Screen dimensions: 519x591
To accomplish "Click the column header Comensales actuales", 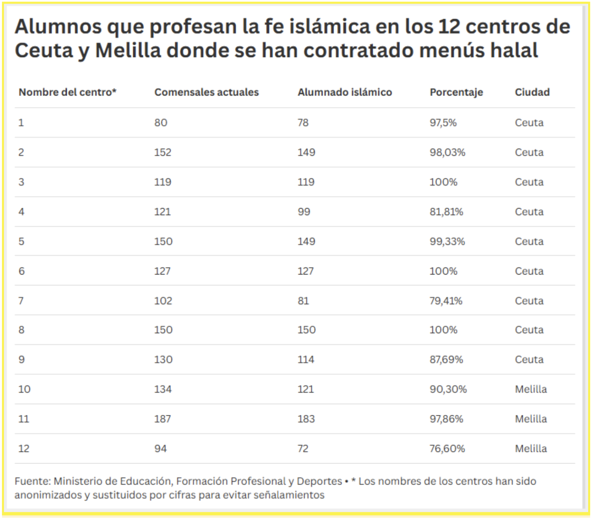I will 206,92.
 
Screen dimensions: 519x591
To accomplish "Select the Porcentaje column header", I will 456,92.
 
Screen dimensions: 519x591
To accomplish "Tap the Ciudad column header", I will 532,92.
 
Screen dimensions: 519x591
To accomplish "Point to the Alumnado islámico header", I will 345,92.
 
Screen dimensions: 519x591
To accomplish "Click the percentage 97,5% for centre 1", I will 443,123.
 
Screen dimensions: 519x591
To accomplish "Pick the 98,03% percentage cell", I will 447,153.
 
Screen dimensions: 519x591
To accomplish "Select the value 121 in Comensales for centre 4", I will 162,212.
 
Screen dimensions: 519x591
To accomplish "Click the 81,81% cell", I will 446,212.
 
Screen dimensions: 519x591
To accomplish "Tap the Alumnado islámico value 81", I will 303,301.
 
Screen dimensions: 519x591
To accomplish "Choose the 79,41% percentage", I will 446,301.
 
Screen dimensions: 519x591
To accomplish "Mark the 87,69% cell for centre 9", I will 446,359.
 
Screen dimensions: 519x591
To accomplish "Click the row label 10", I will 24,389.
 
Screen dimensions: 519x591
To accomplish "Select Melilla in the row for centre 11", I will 531,419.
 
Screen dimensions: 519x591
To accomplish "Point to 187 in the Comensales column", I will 162,419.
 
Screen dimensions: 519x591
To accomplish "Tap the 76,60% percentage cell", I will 447,449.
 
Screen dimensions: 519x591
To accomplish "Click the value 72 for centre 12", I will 303,449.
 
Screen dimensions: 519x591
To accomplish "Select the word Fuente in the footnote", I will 32,481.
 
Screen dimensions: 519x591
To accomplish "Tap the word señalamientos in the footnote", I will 289,495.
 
